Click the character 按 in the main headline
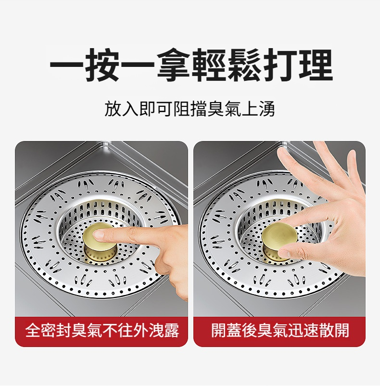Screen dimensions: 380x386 (x=102, y=65)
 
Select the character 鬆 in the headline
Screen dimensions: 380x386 (x=244, y=65)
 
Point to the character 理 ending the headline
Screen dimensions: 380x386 (x=315, y=65)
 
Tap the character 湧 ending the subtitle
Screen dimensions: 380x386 (x=267, y=108)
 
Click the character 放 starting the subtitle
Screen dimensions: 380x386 (x=113, y=108)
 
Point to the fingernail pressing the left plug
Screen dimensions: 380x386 (x=99, y=234)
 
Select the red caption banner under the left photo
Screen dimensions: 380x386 (x=101, y=331)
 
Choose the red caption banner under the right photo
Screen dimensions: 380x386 (x=279, y=331)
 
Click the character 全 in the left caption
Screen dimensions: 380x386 (x=33, y=330)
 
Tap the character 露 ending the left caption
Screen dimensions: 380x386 (x=171, y=330)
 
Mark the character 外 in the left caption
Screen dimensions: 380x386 (x=140, y=330)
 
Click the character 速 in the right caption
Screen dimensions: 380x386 (x=311, y=330)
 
